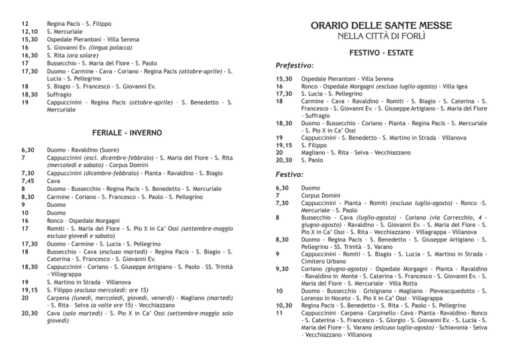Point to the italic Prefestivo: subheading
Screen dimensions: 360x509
coord(294,66)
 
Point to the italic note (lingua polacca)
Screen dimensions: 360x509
coord(122,47)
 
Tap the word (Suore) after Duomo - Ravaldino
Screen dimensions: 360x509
coord(131,150)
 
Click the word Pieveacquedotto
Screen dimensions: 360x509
coord(453,291)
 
